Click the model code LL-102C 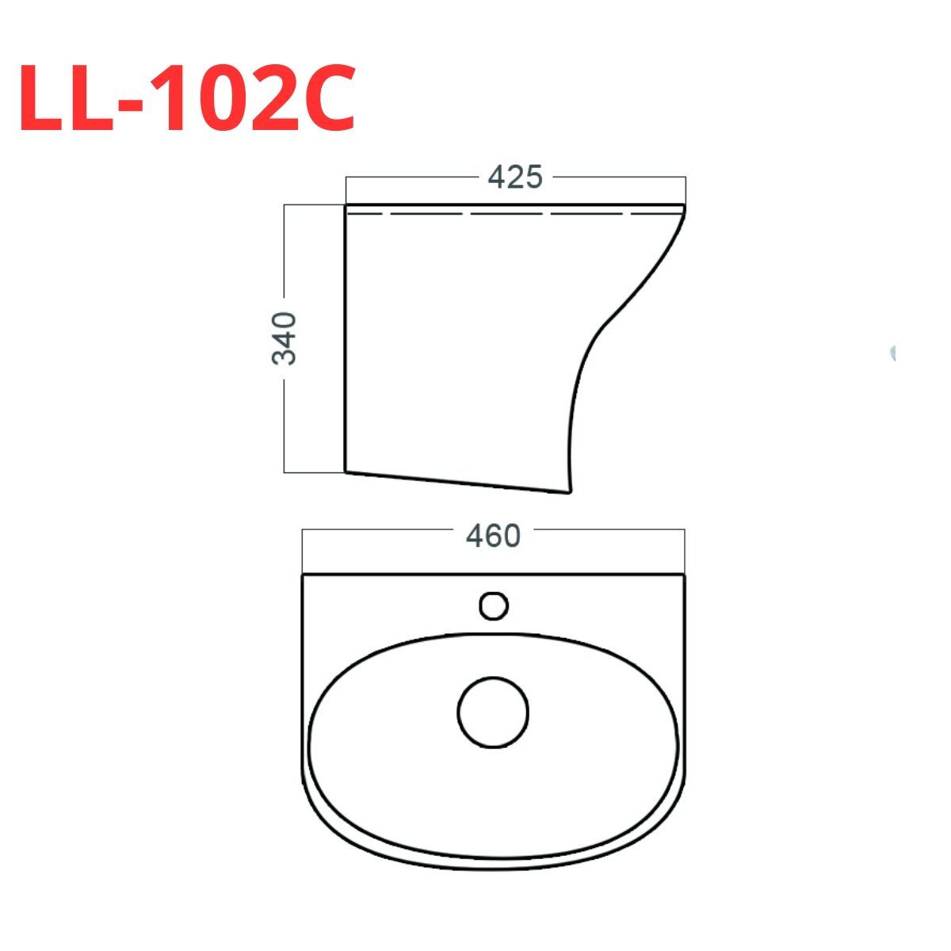coord(188,98)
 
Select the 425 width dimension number coord(515,177)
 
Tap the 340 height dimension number coord(285,338)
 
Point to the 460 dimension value coord(493,537)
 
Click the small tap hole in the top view coord(494,606)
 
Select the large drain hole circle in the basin coord(493,712)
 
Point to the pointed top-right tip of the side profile coord(684,208)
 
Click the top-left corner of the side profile coord(346,206)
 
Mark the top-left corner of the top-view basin coord(304,575)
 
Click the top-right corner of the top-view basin coord(684,575)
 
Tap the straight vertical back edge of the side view coord(346,341)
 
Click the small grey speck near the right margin coord(892,353)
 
